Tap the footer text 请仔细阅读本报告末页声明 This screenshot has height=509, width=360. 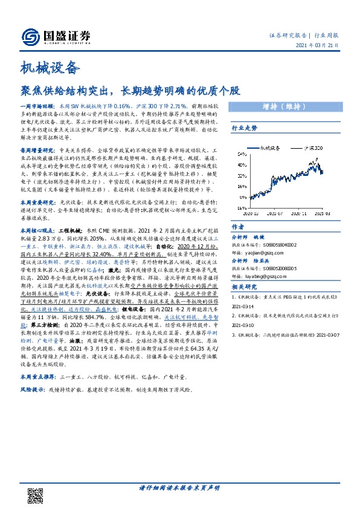click(x=179, y=488)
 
